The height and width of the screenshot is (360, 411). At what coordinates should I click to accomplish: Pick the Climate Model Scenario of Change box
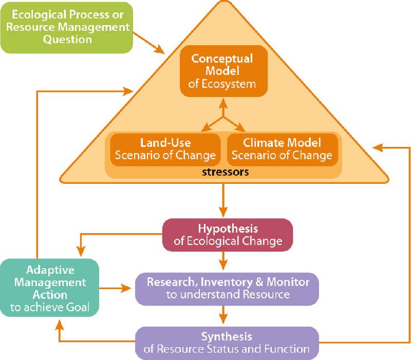click(x=283, y=149)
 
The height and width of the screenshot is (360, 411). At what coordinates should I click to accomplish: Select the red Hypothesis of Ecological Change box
click(x=228, y=234)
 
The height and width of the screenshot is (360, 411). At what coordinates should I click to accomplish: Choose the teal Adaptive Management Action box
click(x=49, y=288)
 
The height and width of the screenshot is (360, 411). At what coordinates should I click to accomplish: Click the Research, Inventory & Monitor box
click(x=227, y=288)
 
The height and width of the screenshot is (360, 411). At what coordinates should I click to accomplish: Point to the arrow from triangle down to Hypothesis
click(x=223, y=200)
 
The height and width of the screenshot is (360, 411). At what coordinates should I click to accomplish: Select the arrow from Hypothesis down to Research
click(x=223, y=260)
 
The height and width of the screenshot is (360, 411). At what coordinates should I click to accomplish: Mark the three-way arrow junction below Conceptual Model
click(x=223, y=118)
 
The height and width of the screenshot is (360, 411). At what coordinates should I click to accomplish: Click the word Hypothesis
click(x=228, y=228)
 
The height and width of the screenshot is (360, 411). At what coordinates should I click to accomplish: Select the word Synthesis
click(x=227, y=337)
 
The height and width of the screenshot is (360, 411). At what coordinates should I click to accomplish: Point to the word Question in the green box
click(x=67, y=40)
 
